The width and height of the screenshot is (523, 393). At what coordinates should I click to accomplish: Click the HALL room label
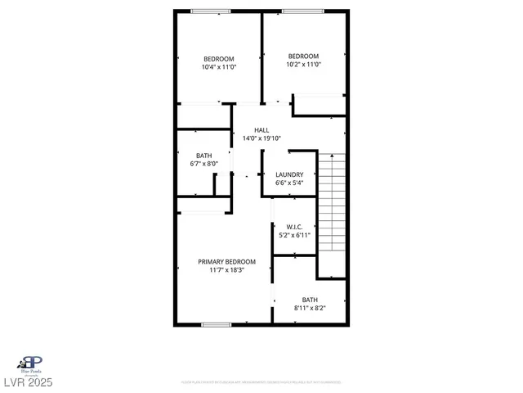pyautogui.click(x=261, y=130)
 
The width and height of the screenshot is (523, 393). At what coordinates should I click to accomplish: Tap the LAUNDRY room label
pyautogui.click(x=289, y=174)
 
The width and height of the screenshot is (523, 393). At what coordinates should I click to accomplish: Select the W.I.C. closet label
pyautogui.click(x=295, y=227)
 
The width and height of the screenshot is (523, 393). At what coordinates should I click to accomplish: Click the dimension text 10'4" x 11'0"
pyautogui.click(x=219, y=67)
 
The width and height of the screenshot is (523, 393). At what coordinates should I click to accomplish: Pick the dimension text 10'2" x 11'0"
pyautogui.click(x=303, y=64)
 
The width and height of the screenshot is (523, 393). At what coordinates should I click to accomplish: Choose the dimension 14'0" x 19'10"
pyautogui.click(x=261, y=138)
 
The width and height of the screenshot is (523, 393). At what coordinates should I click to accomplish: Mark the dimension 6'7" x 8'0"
pyautogui.click(x=204, y=164)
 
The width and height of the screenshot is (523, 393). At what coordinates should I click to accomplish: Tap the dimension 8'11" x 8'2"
pyautogui.click(x=310, y=308)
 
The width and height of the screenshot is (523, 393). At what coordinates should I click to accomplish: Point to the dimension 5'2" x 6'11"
pyautogui.click(x=295, y=235)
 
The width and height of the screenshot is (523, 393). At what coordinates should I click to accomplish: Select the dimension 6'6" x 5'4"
pyautogui.click(x=289, y=183)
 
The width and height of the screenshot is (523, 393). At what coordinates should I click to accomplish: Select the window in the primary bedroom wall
pyautogui.click(x=216, y=325)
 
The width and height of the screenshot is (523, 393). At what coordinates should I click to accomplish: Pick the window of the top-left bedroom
pyautogui.click(x=217, y=10)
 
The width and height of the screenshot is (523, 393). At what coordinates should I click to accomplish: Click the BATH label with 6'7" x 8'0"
pyautogui.click(x=204, y=156)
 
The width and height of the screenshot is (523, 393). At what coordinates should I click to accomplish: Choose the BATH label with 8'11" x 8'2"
pyautogui.click(x=310, y=300)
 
